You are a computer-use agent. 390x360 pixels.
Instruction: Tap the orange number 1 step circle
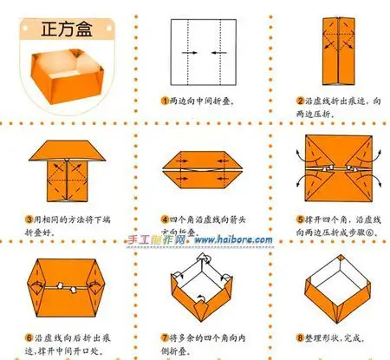click(164, 101)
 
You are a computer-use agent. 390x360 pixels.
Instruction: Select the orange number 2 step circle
click(298, 101)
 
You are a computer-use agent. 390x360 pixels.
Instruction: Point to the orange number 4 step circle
click(164, 219)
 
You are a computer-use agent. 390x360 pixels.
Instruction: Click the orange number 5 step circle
click(298, 219)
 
